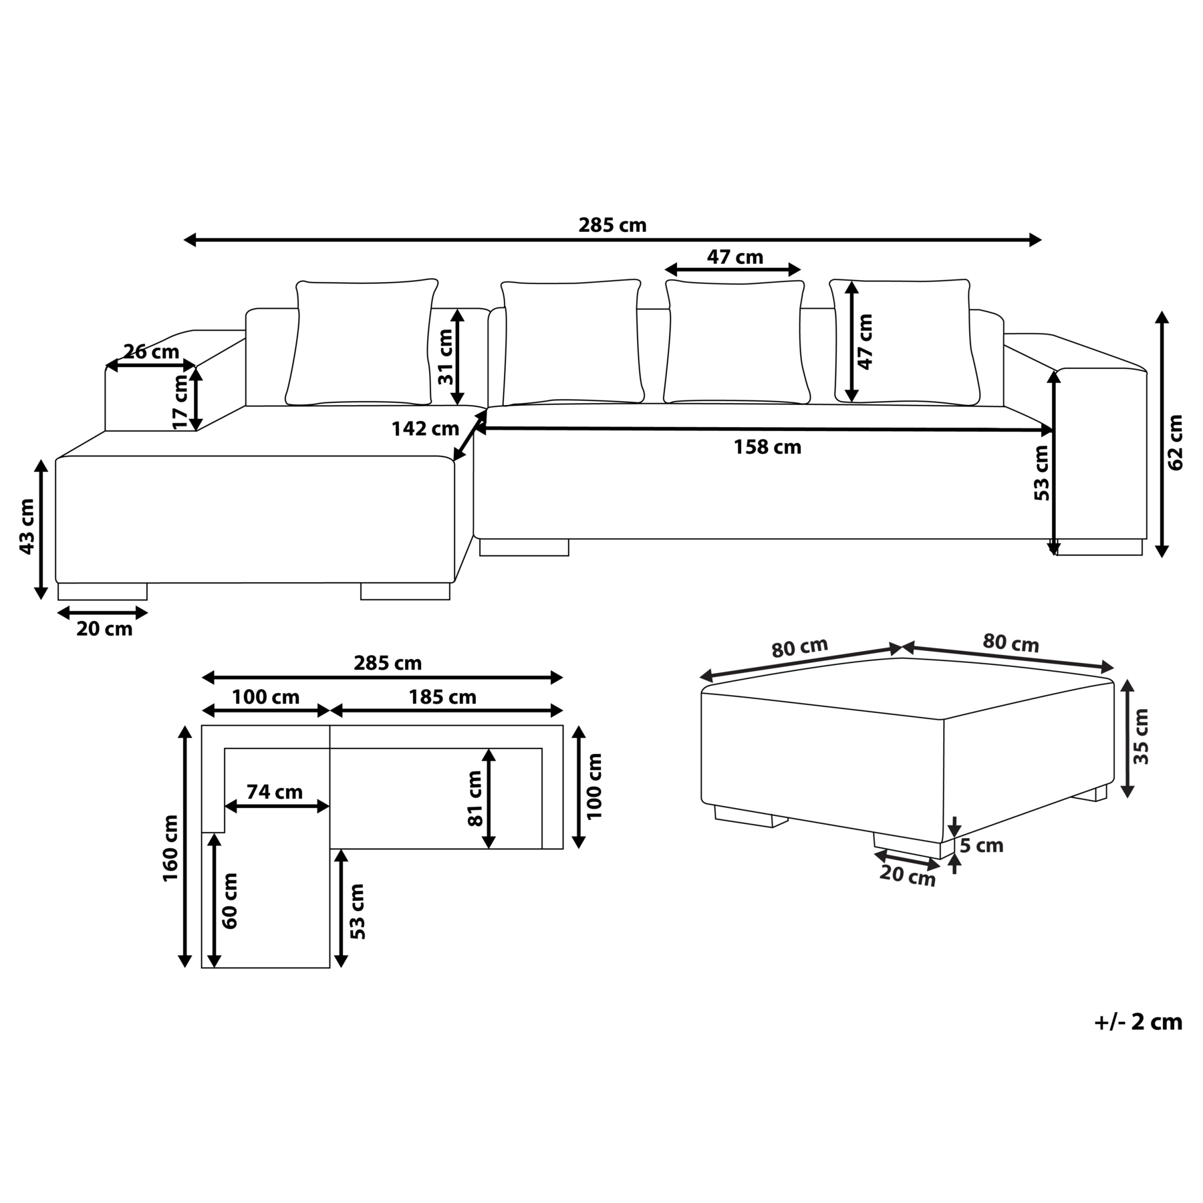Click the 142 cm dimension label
pyautogui.click(x=425, y=428)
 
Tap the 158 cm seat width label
pyautogui.click(x=767, y=447)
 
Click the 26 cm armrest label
pyautogui.click(x=152, y=352)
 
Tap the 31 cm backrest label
pyautogui.click(x=445, y=357)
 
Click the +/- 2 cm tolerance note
pyautogui.click(x=1138, y=1022)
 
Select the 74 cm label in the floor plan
pyautogui.click(x=275, y=792)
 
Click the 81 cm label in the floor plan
pyautogui.click(x=475, y=798)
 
